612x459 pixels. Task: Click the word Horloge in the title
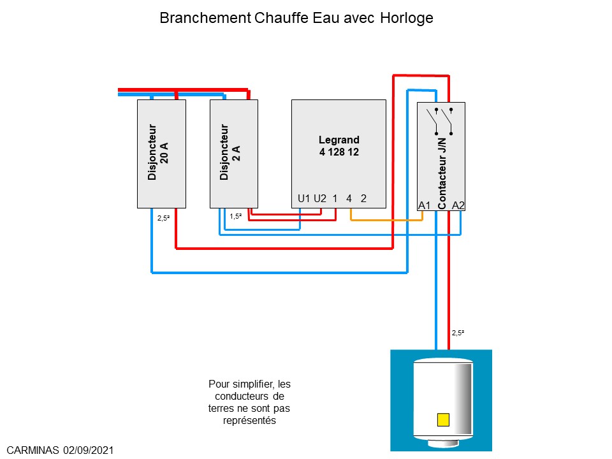[x=407, y=18]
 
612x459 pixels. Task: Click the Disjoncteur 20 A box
[x=161, y=153]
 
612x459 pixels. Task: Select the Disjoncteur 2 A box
[x=233, y=153]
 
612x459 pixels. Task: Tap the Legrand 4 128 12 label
[x=339, y=146]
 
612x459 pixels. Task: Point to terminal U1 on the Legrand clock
[x=304, y=198]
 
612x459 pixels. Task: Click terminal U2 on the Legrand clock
[x=319, y=198]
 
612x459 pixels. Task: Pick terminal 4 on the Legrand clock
[x=349, y=198]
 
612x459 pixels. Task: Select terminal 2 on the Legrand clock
[x=363, y=198]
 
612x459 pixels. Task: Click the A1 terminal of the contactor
[x=425, y=205]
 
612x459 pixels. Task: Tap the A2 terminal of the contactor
[x=458, y=205]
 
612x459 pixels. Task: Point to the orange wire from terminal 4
[x=386, y=220]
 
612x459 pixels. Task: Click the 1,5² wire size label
[x=236, y=216]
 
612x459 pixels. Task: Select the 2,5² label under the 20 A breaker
[x=164, y=217]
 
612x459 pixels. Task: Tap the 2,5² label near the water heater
[x=458, y=333]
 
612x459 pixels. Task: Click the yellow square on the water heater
[x=443, y=419]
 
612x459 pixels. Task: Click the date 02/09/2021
[x=89, y=450]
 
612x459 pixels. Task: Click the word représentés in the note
[x=249, y=421]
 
